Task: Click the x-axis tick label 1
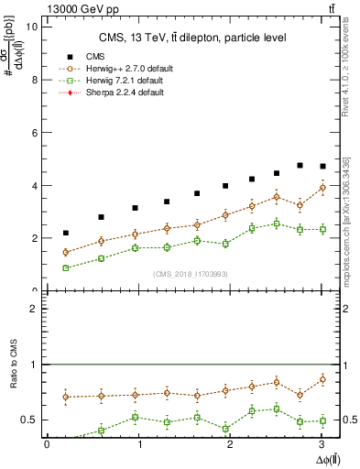click(x=140, y=444)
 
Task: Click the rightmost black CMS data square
click(x=322, y=167)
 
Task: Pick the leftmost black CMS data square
click(x=66, y=234)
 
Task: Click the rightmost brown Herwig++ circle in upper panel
click(x=322, y=188)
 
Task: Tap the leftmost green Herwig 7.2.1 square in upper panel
click(x=66, y=267)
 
